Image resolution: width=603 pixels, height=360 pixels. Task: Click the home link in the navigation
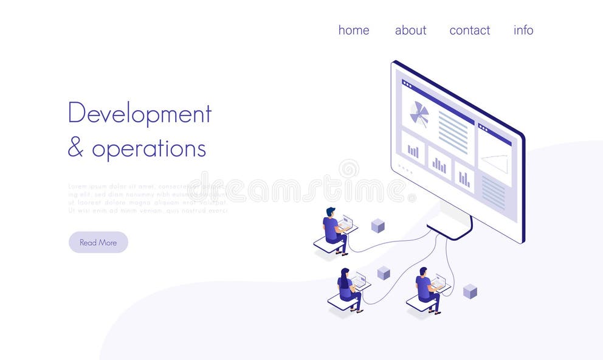354,30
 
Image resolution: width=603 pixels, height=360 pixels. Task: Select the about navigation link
410,30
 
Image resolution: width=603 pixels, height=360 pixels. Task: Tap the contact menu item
469,30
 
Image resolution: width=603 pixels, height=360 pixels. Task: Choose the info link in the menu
523,30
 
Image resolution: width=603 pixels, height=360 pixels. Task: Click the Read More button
98,242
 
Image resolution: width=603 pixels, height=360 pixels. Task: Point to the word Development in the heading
139,114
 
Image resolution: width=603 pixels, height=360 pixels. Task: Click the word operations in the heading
149,148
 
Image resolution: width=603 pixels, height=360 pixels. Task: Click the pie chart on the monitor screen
419,114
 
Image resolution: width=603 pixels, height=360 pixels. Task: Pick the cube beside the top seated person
377,226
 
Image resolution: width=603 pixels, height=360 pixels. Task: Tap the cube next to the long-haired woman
383,273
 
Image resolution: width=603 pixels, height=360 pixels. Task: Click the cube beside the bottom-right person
470,291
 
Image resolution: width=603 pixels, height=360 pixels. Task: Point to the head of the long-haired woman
345,272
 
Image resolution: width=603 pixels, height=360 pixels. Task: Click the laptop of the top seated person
346,223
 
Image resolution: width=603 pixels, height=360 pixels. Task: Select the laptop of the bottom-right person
438,282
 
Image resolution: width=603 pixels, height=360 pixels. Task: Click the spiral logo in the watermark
349,169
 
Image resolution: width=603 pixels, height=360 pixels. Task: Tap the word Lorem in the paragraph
77,186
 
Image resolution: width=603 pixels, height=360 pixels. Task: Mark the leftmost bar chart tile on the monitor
413,150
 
